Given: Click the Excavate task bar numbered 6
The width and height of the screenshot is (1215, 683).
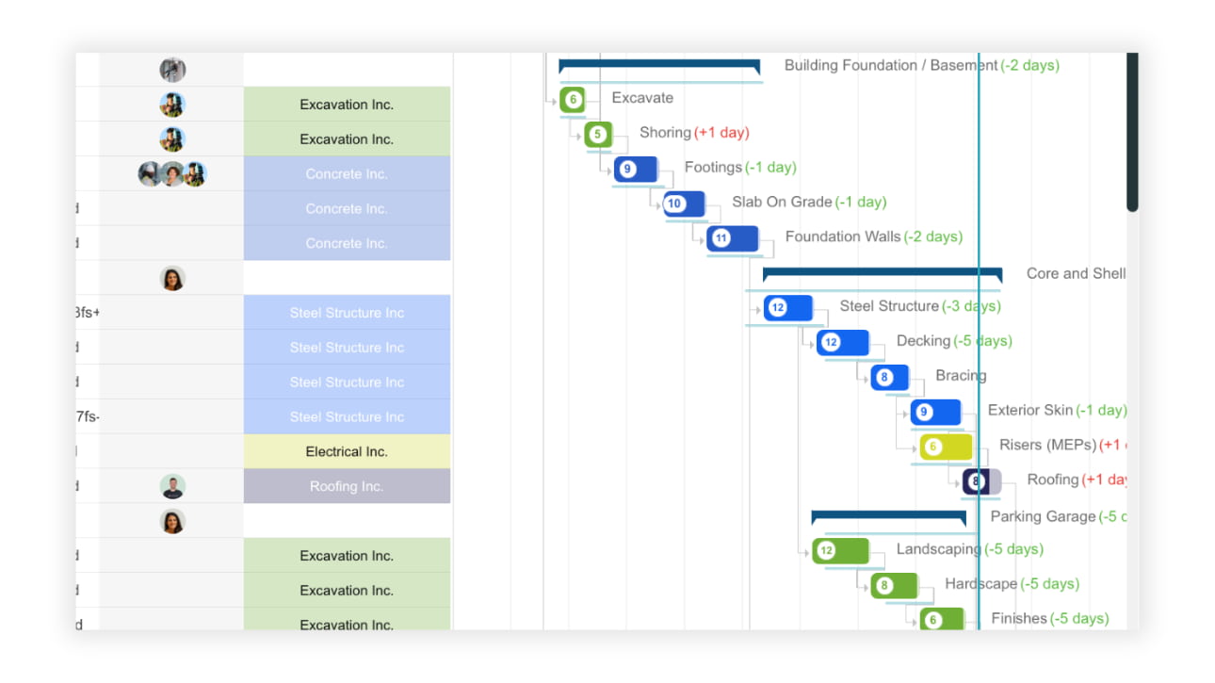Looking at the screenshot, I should point(573,99).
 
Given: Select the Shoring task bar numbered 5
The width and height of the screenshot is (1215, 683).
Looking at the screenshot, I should point(598,134).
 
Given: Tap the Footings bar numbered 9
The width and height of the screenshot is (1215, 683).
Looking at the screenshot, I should point(636,170).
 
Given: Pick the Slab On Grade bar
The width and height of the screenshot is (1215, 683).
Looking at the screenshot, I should point(684,203).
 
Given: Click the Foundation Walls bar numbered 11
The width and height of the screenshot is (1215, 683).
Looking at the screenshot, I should point(732,238).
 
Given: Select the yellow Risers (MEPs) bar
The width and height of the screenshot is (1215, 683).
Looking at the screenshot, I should point(946,447).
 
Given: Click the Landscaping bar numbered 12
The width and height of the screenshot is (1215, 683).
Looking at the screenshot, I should point(840,550).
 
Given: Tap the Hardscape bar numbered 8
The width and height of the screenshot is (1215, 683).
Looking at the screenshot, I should point(894,585).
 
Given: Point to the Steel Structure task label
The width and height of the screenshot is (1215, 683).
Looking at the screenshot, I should point(888,306).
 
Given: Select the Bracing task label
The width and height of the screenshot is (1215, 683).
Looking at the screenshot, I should point(961,375).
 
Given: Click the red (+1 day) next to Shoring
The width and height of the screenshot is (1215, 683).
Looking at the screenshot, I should point(721,133).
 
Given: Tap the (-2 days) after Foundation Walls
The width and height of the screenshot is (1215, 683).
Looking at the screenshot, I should point(932,236).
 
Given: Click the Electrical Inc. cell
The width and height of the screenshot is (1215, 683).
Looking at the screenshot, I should point(347,451).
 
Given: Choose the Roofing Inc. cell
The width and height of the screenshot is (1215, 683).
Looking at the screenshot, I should point(347,486).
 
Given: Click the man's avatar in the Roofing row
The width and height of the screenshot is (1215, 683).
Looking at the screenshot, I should point(172,486).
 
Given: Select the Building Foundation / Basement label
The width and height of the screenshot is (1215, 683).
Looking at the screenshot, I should point(890,65).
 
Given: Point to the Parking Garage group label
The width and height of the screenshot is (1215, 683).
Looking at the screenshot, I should point(1043,516).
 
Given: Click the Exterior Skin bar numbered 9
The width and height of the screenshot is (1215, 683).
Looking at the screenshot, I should point(935,412).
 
